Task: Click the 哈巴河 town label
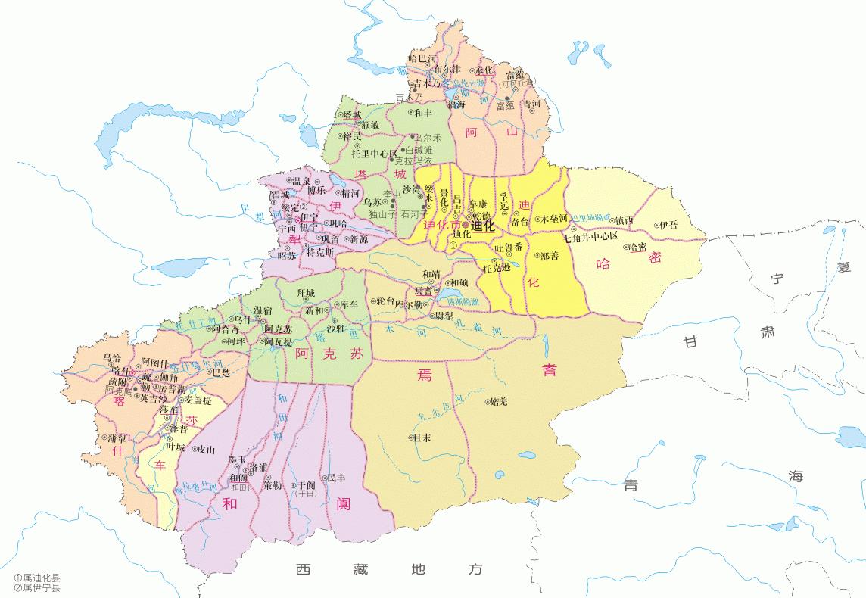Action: [x=422, y=57]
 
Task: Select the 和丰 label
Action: [x=422, y=113]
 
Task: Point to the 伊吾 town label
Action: [x=668, y=225]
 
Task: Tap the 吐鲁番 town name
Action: [x=508, y=248]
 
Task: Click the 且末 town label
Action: [x=422, y=438]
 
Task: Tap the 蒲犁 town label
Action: [x=117, y=438]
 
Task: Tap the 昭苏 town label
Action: [x=287, y=256]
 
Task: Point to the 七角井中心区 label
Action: [x=591, y=236]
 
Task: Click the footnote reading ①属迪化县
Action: [x=37, y=578]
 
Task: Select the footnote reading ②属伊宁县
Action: [x=37, y=587]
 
